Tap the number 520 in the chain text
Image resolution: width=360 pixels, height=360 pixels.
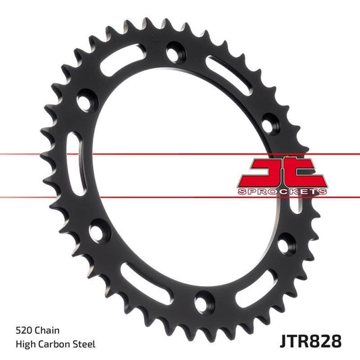coord(24,332)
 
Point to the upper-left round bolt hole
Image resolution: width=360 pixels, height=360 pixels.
coord(85,102)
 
